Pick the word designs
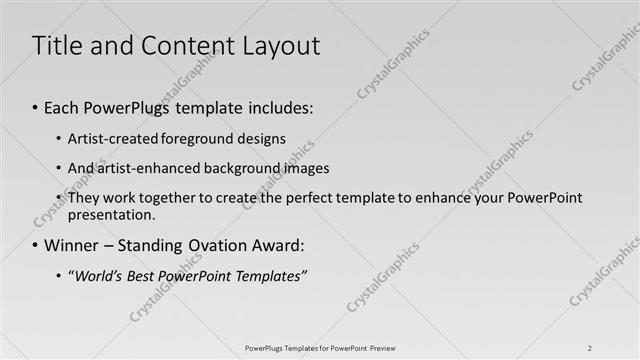click(259, 139)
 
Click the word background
click(233, 168)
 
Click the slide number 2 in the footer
click(590, 347)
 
